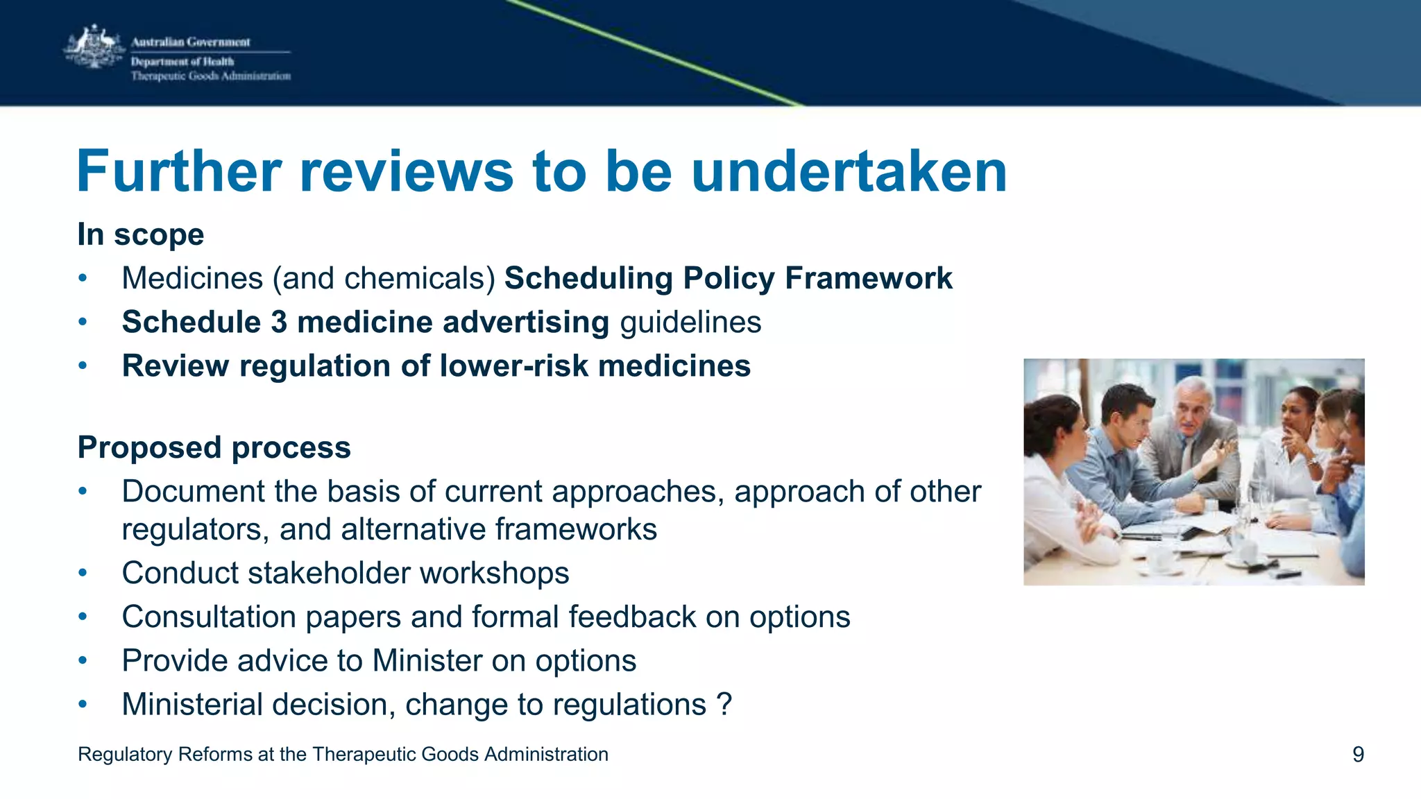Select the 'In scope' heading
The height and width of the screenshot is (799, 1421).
click(141, 234)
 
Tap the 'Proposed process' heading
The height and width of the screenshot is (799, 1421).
click(214, 447)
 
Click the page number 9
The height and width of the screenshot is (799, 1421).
click(1358, 755)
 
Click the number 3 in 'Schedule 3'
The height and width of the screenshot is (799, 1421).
click(278, 323)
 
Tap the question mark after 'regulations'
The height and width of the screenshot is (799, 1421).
click(724, 705)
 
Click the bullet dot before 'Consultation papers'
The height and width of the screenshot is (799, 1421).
click(83, 617)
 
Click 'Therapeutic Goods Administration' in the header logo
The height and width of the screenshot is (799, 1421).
click(211, 76)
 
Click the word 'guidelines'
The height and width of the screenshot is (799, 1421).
click(690, 323)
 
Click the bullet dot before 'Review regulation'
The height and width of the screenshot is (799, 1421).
click(83, 366)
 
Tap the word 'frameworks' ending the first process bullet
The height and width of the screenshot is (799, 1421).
click(575, 530)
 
